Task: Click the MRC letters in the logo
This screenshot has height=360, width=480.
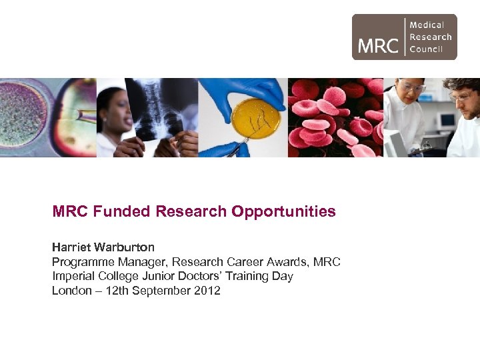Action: tap(378, 45)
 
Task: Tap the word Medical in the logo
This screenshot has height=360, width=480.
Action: tap(427, 25)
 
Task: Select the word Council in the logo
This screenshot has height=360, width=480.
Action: tap(427, 49)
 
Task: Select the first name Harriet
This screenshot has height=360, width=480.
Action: tap(71, 247)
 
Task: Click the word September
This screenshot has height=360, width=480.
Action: tap(162, 291)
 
